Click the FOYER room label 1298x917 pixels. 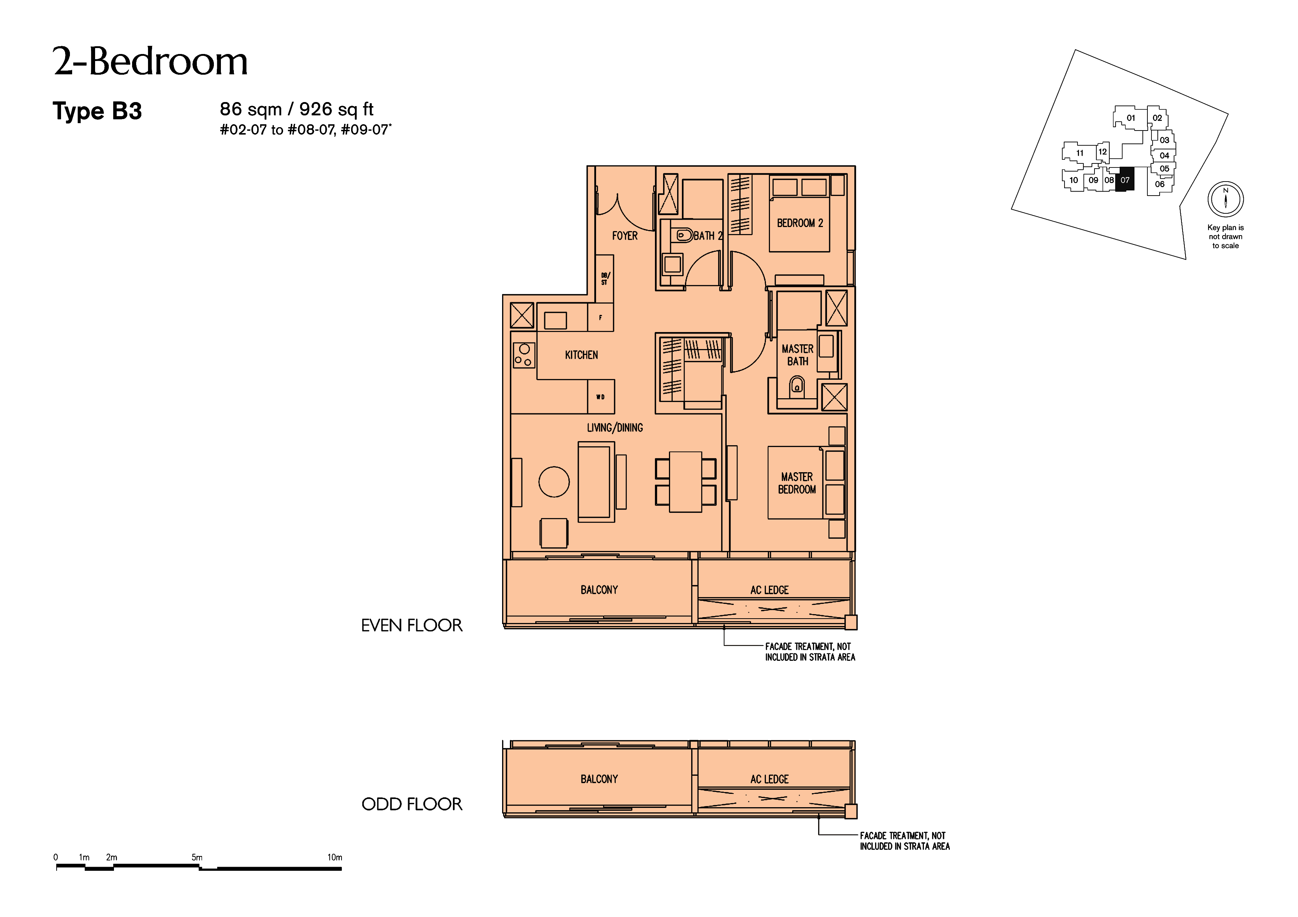click(625, 236)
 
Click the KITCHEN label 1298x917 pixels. click(581, 355)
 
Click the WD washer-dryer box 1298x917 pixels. click(601, 397)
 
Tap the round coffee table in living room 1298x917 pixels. click(554, 482)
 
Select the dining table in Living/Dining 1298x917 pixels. click(686, 482)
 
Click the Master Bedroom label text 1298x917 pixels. click(797, 483)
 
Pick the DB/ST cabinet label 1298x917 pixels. click(604, 278)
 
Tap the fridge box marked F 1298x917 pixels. click(601, 318)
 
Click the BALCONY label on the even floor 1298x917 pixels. click(599, 590)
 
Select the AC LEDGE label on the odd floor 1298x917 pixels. click(769, 779)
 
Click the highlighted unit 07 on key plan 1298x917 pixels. click(1125, 180)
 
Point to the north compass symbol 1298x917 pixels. click(1225, 199)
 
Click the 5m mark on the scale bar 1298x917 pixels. click(197, 857)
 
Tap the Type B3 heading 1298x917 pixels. click(97, 111)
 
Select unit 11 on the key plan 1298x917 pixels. click(1080, 153)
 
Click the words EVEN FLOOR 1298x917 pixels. click(411, 626)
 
